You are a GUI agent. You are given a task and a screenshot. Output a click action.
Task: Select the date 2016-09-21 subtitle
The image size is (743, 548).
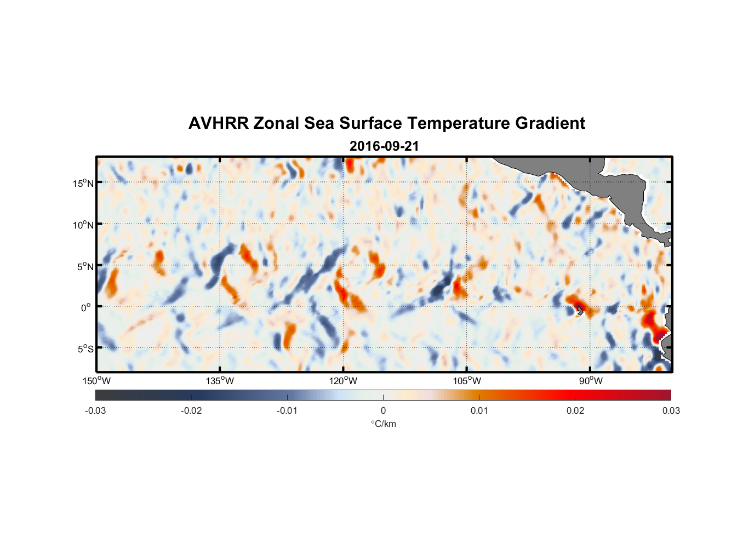pos(384,146)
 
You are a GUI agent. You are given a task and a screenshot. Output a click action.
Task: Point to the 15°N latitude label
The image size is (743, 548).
pos(83,183)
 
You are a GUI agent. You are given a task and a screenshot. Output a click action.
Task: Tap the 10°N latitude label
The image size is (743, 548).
pos(83,225)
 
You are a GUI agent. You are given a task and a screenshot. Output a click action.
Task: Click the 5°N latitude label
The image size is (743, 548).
pos(85,266)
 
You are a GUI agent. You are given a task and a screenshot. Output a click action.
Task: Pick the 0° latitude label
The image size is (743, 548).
pos(86,307)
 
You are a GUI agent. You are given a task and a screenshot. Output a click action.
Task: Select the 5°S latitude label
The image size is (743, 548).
pos(85,349)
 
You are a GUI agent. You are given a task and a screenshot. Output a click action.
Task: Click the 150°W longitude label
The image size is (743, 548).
pos(96,381)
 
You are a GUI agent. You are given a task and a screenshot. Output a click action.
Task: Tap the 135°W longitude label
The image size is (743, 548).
pos(220,381)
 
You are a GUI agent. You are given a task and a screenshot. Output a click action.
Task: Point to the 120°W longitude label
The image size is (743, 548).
pos(344,381)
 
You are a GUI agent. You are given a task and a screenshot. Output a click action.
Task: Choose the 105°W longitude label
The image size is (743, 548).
pos(467,381)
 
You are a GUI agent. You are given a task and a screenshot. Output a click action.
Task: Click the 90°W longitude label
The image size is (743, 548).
pos(591,381)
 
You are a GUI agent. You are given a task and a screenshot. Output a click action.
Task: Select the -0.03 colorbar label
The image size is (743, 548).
pos(95,410)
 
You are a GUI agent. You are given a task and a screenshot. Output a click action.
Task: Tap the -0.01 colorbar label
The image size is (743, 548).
pos(287,410)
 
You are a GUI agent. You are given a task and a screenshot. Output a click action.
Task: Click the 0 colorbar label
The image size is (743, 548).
pos(383,410)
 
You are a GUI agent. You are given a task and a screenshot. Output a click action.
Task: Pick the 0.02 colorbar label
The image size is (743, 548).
pos(575,410)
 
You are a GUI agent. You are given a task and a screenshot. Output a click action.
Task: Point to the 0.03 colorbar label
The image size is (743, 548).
pos(671,410)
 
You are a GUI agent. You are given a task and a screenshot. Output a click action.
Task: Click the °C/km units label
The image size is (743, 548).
pos(383,424)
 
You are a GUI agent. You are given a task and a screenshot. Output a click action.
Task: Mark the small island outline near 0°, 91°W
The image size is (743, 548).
pos(579,310)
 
